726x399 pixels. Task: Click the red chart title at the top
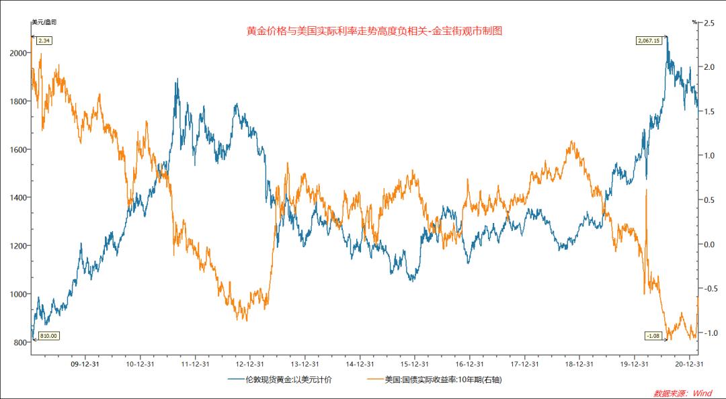point(374,31)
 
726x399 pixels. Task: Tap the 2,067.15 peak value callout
point(649,41)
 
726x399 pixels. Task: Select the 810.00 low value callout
point(48,336)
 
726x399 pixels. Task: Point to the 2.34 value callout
point(45,41)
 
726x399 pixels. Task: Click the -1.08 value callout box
point(653,335)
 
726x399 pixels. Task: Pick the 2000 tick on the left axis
point(19,53)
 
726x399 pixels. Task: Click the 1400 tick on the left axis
point(19,197)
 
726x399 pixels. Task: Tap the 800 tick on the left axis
point(20,343)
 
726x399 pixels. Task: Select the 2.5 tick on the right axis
point(708,23)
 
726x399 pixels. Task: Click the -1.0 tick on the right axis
point(709,333)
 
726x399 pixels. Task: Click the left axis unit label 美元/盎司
point(44,22)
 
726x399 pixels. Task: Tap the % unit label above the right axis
point(694,22)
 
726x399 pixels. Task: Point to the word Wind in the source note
point(703,393)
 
